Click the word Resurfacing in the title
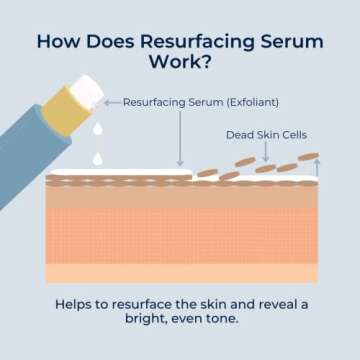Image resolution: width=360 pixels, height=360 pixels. point(183,43)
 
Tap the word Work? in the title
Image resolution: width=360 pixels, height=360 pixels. point(180,66)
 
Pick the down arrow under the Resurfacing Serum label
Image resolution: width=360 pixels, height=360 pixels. point(179,140)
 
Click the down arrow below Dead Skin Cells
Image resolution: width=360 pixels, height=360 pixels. point(265,152)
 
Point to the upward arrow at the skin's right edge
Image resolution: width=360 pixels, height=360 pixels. point(317,168)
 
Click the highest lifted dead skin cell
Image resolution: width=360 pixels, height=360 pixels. point(309,157)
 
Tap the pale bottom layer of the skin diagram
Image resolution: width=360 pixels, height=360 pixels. point(180,272)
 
